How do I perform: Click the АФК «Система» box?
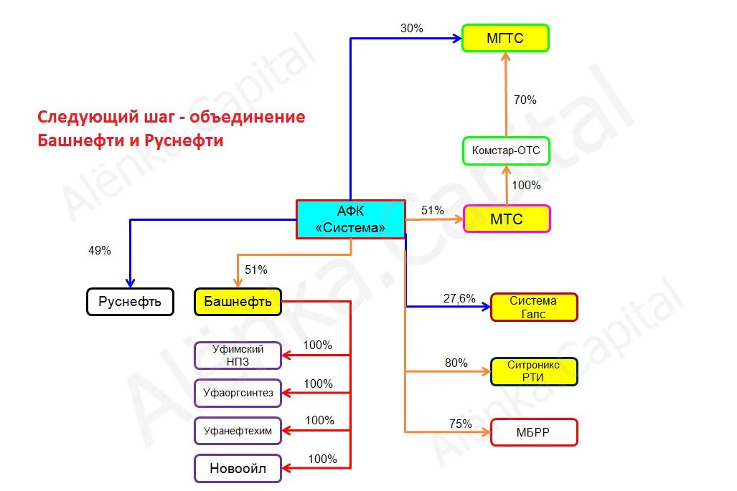tap(350, 219)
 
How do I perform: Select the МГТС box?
tap(505, 38)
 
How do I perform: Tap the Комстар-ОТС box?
tap(506, 151)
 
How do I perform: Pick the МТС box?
tap(507, 219)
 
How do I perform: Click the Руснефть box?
tap(130, 302)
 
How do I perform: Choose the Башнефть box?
tap(238, 302)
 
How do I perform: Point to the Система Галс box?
tap(533, 307)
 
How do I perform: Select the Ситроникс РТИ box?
tap(533, 371)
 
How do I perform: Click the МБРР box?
tap(533, 432)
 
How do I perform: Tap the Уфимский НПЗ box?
tap(238, 356)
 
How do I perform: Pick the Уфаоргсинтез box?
tap(238, 393)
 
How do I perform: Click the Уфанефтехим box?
tap(238, 430)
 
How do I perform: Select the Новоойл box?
tap(238, 469)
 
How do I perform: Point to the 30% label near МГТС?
tap(411, 29)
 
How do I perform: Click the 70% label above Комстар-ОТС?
tap(525, 100)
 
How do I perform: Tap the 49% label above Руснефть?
tap(99, 251)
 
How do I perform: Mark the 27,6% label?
tap(459, 298)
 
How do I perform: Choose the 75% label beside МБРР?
tap(460, 424)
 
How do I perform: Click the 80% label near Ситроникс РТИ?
tap(456, 363)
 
